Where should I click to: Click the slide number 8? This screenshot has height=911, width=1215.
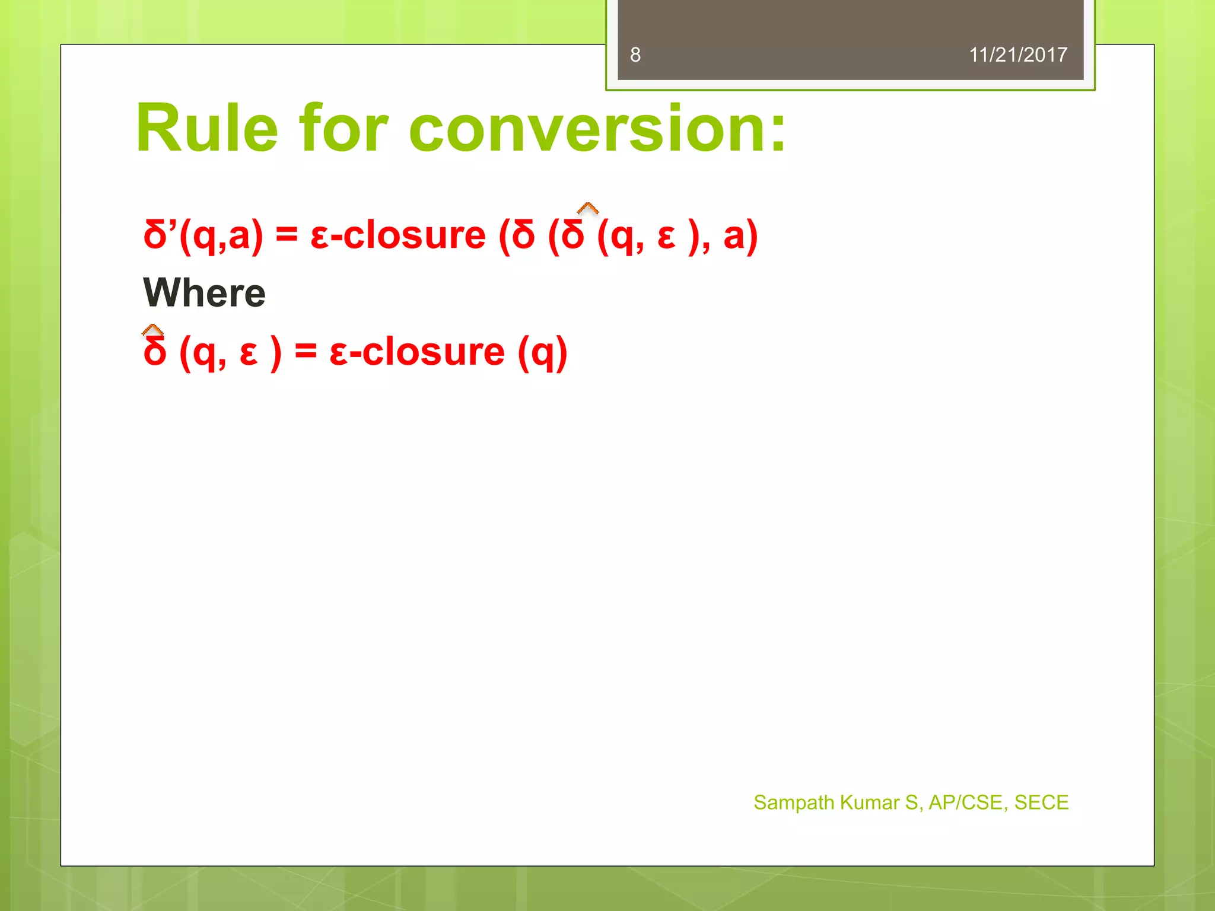point(635,55)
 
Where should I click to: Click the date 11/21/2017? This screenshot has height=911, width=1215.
point(1017,55)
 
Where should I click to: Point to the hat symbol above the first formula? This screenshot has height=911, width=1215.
point(587,208)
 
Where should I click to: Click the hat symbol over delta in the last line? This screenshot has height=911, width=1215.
point(153,330)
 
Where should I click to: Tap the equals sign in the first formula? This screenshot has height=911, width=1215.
point(287,235)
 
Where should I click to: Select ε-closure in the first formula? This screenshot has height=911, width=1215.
point(397,235)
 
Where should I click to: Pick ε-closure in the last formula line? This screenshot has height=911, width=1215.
point(417,352)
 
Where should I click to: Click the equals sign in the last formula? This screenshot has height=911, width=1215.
point(306,351)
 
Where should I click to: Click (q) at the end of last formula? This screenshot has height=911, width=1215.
point(542,352)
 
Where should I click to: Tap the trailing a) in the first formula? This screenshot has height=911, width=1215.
point(740,235)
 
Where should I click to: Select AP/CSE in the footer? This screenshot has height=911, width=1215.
point(965,802)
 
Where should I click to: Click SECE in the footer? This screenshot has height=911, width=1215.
point(1041,802)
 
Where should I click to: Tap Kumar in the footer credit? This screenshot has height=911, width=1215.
point(870,802)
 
